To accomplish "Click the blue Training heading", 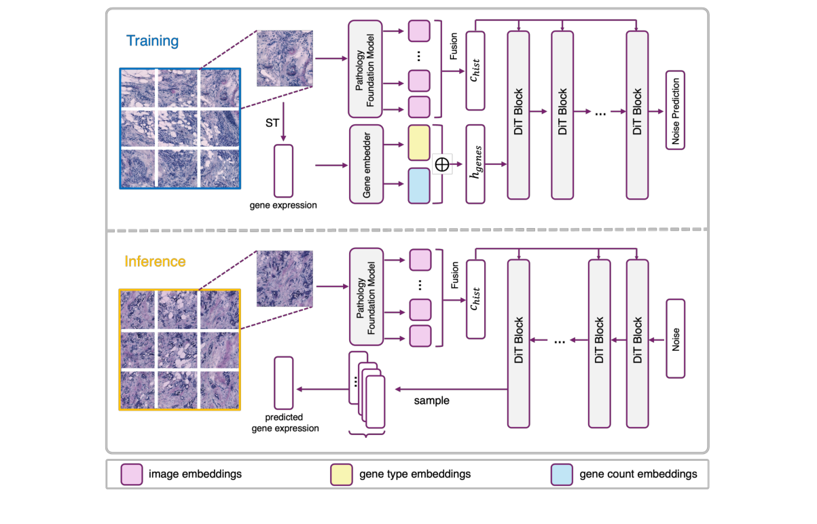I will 152,41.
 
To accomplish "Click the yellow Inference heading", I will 155,261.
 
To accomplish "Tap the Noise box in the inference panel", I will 676,338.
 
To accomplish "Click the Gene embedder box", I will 367,164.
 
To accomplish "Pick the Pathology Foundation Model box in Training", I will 367,69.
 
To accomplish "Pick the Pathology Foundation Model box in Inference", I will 367,296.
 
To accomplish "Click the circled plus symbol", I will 442,164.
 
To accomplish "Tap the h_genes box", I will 475,164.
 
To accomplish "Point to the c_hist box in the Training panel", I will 475,71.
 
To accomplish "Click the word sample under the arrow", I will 431,400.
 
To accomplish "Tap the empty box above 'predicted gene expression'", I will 283,382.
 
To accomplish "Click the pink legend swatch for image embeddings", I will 130,474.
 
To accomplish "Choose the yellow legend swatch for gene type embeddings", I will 340,474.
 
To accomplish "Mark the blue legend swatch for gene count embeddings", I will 560,474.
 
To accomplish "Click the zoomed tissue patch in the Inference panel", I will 285,278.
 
